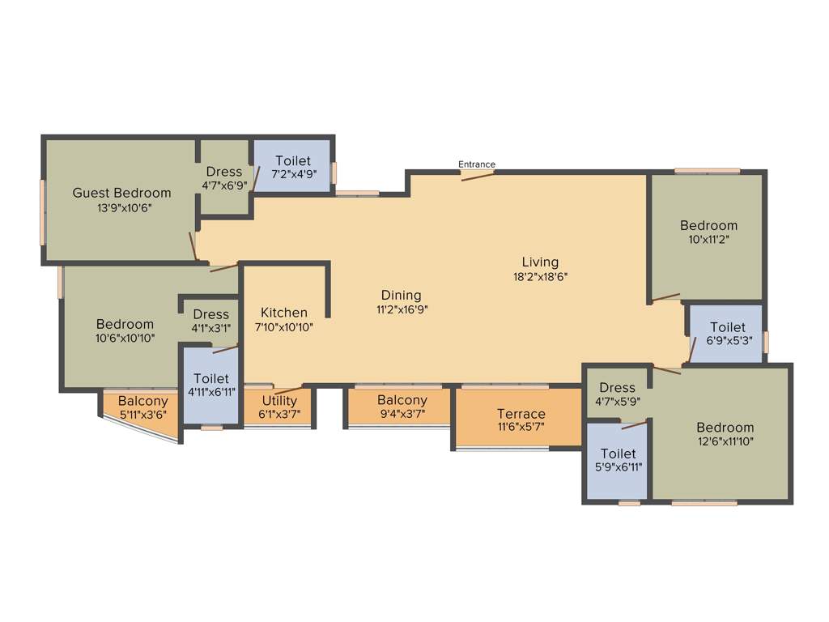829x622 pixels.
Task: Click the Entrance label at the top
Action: pos(477,164)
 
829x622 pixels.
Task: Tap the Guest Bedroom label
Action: pos(122,193)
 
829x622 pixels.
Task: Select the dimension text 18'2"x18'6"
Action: pos(540,276)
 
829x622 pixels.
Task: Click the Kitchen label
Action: pos(284,313)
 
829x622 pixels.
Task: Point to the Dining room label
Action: pos(402,295)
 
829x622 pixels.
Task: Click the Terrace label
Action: pos(521,414)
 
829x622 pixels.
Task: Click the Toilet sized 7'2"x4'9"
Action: pos(292,160)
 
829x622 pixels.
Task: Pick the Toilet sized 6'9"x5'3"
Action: pos(727,327)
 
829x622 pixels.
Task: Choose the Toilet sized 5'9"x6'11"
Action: pos(618,454)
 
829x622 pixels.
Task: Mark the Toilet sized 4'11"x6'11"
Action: pos(211,378)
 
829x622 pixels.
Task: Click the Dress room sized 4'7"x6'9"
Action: pos(224,172)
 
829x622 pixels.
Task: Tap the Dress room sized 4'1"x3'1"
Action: pos(211,314)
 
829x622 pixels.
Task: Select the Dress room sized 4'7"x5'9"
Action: pos(618,388)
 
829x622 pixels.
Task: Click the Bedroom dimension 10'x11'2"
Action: pos(708,240)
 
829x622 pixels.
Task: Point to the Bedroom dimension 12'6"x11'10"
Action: pos(725,441)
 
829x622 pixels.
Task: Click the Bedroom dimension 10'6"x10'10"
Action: pos(125,338)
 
